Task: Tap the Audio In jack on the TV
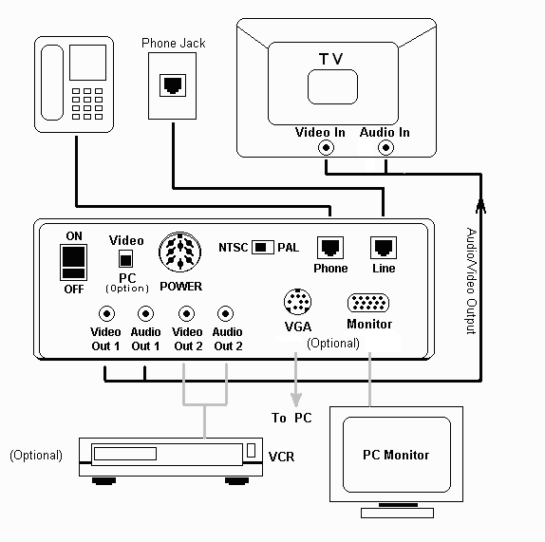pyautogui.click(x=385, y=148)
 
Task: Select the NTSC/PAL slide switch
pyautogui.click(x=263, y=247)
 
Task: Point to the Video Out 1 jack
pyautogui.click(x=104, y=314)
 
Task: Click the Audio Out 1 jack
pyautogui.click(x=145, y=314)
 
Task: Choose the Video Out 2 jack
pyautogui.click(x=186, y=314)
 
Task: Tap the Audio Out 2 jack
pyautogui.click(x=226, y=314)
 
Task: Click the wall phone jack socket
pyautogui.click(x=172, y=84)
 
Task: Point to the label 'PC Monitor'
pyautogui.click(x=396, y=455)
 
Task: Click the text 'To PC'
pyautogui.click(x=291, y=418)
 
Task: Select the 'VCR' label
pyautogui.click(x=281, y=457)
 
